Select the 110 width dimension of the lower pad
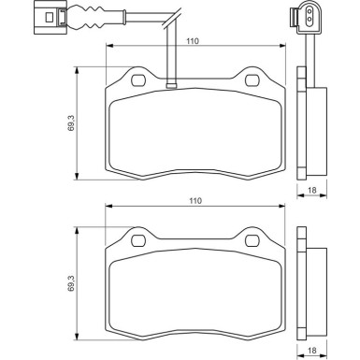click(x=192, y=200)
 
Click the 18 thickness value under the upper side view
click(x=312, y=190)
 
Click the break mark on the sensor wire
click(x=170, y=17)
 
